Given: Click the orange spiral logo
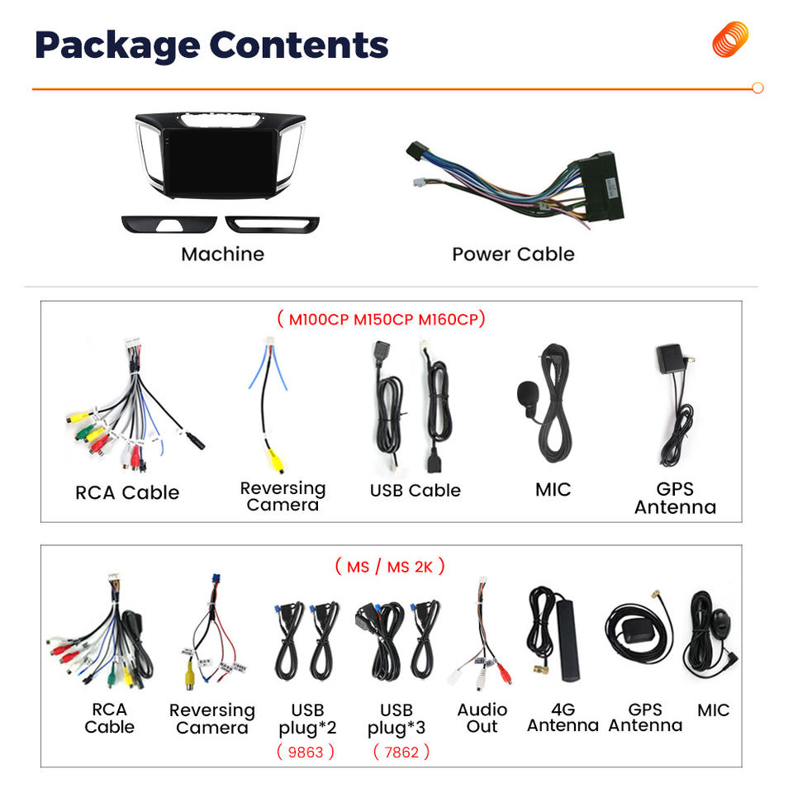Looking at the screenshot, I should tap(730, 40).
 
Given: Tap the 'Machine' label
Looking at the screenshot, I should tap(223, 254).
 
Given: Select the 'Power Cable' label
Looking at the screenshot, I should tap(513, 254).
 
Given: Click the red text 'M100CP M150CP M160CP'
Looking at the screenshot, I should tap(381, 319).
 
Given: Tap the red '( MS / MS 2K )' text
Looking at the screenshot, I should tap(390, 566).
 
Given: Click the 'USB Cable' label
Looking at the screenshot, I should tap(415, 490).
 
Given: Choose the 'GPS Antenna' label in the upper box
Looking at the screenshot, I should tap(675, 497).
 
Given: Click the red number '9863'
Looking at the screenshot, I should tap(306, 752).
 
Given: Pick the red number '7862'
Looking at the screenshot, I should tap(401, 752).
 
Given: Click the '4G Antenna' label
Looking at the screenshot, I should tap(563, 717).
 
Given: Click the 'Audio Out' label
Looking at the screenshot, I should tap(482, 717).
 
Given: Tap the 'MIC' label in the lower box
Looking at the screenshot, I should tap(714, 710).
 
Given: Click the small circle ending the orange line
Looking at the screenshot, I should tap(757, 88).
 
